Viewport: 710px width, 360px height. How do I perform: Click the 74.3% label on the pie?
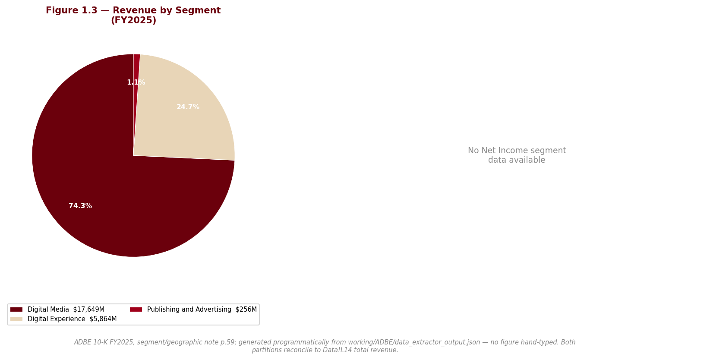[81, 206]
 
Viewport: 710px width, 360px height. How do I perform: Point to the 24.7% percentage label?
[188, 107]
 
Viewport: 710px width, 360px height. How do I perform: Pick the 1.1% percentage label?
[136, 82]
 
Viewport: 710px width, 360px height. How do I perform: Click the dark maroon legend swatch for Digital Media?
[16, 309]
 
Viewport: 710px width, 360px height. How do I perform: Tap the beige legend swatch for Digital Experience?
[16, 319]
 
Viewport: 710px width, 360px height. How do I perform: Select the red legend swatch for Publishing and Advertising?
[136, 309]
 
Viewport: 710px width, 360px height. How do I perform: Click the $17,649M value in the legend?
[89, 309]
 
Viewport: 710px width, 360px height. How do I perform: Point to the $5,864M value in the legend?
[103, 319]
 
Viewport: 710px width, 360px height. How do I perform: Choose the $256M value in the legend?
[246, 309]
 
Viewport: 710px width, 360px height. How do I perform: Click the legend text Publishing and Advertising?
[189, 309]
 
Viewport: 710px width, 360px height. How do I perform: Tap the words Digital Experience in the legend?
[57, 319]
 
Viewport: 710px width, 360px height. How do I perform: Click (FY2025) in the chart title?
[133, 20]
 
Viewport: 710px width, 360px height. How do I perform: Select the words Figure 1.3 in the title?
[72, 10]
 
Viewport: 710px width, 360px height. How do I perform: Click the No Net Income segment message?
[517, 155]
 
